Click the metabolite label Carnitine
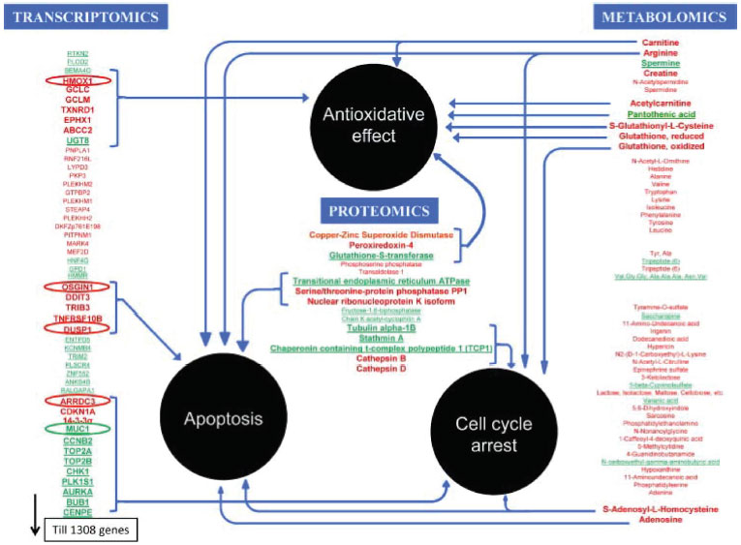661,44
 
